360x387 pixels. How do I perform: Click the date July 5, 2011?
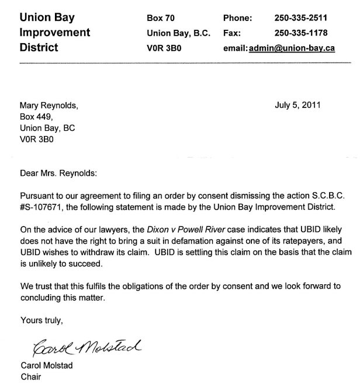tap(297, 106)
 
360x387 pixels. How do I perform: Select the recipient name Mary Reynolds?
tap(48, 106)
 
